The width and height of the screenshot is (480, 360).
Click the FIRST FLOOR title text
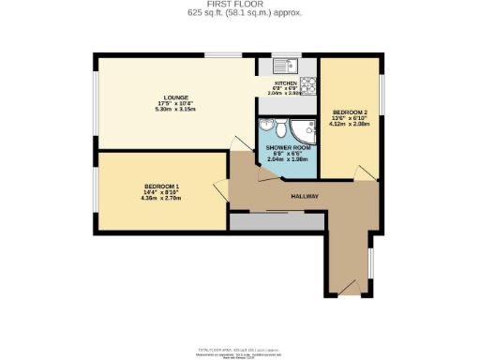pyautogui.click(x=239, y=5)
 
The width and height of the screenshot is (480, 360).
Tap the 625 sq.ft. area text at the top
pyautogui.click(x=239, y=13)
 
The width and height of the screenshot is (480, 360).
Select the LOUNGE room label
pyautogui.click(x=175, y=97)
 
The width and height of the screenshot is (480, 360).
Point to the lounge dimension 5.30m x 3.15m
pyautogui.click(x=175, y=109)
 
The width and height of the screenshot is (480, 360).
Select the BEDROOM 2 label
pyautogui.click(x=349, y=112)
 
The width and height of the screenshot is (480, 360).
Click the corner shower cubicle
pyautogui.click(x=305, y=130)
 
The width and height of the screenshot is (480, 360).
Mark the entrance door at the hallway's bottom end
pyautogui.click(x=348, y=284)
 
